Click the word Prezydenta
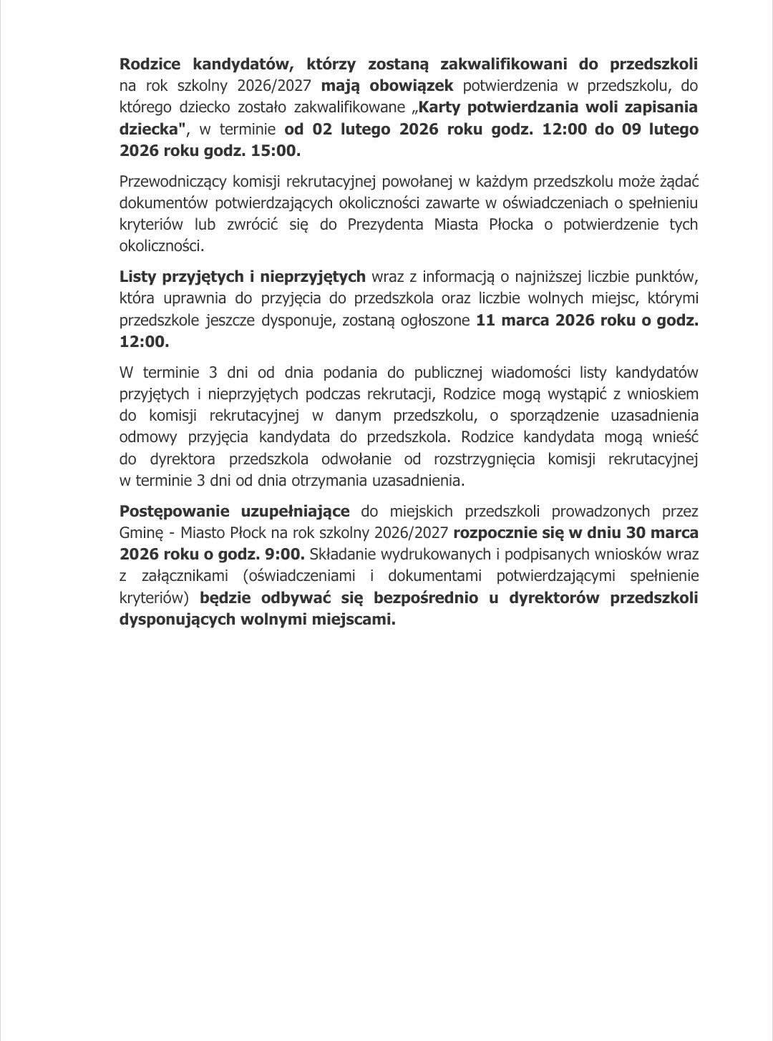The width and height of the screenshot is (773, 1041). coord(386,224)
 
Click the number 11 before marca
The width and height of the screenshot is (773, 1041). coord(485,319)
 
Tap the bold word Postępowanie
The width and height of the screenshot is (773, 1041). coord(172,511)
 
